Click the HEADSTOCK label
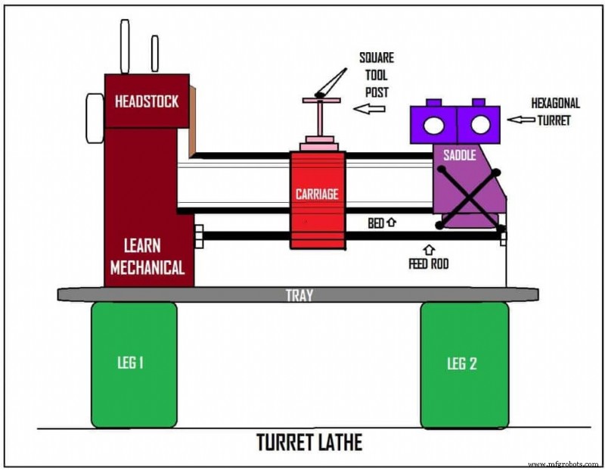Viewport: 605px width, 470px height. click(147, 101)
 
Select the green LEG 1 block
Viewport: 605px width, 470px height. click(134, 365)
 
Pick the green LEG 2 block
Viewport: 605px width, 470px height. click(464, 365)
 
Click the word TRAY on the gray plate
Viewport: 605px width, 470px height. click(299, 295)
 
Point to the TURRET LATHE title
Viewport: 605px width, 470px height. click(309, 442)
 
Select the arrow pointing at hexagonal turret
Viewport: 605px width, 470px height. click(521, 120)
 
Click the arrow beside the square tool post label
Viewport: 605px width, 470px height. click(369, 109)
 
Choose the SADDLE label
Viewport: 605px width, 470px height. click(459, 155)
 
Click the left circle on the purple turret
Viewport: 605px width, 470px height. click(435, 124)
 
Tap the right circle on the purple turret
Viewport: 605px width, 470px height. click(478, 124)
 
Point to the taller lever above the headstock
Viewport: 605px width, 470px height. click(125, 46)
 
